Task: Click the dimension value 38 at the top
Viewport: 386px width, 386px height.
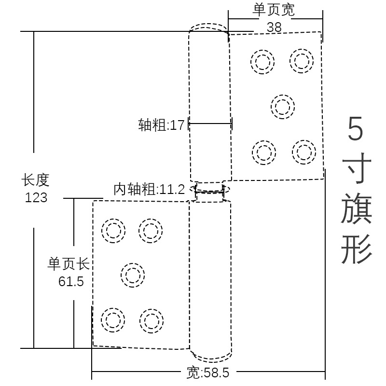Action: click(274, 27)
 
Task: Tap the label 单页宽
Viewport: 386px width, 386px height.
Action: click(274, 10)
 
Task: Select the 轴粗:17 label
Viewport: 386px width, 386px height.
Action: click(162, 125)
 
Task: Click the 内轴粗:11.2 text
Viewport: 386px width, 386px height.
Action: click(149, 189)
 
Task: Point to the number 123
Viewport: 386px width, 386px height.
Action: click(36, 197)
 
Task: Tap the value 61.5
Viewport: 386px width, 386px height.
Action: click(71, 281)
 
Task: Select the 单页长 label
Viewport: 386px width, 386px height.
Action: click(69, 264)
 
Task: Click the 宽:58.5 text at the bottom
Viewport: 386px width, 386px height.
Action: click(208, 373)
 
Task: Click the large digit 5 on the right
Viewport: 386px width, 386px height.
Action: click(356, 129)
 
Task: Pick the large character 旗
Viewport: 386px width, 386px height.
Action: click(357, 208)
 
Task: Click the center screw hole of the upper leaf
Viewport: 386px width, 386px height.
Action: click(283, 107)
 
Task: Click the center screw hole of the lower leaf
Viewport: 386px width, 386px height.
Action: click(132, 275)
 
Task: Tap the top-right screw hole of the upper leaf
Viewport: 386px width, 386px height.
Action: click(302, 61)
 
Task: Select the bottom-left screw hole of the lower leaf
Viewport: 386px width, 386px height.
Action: click(113, 320)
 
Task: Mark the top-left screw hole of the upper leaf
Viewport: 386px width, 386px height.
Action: click(263, 62)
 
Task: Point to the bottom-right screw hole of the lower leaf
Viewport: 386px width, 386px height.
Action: click(152, 321)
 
